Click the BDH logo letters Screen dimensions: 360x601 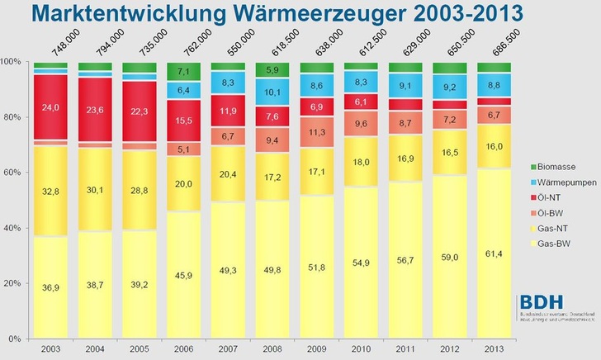coord(537,304)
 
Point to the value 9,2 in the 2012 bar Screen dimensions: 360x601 coord(451,86)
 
